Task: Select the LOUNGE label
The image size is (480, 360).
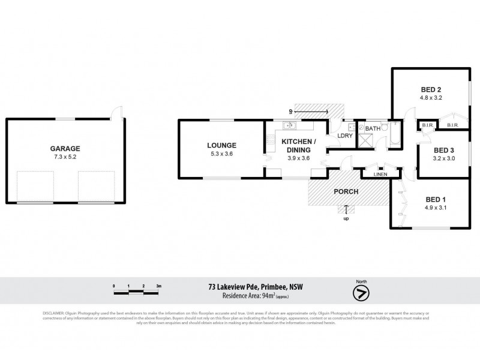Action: tap(222, 145)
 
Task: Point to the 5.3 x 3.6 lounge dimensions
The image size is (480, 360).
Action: tap(222, 154)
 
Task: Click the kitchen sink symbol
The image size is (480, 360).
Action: tap(289, 125)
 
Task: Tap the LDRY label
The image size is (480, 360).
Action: tap(344, 136)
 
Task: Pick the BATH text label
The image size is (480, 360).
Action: tap(373, 128)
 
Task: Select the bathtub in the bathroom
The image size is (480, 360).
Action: tap(395, 135)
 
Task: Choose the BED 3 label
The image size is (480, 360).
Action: tap(443, 150)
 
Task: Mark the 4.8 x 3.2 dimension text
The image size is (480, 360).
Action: tap(430, 98)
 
